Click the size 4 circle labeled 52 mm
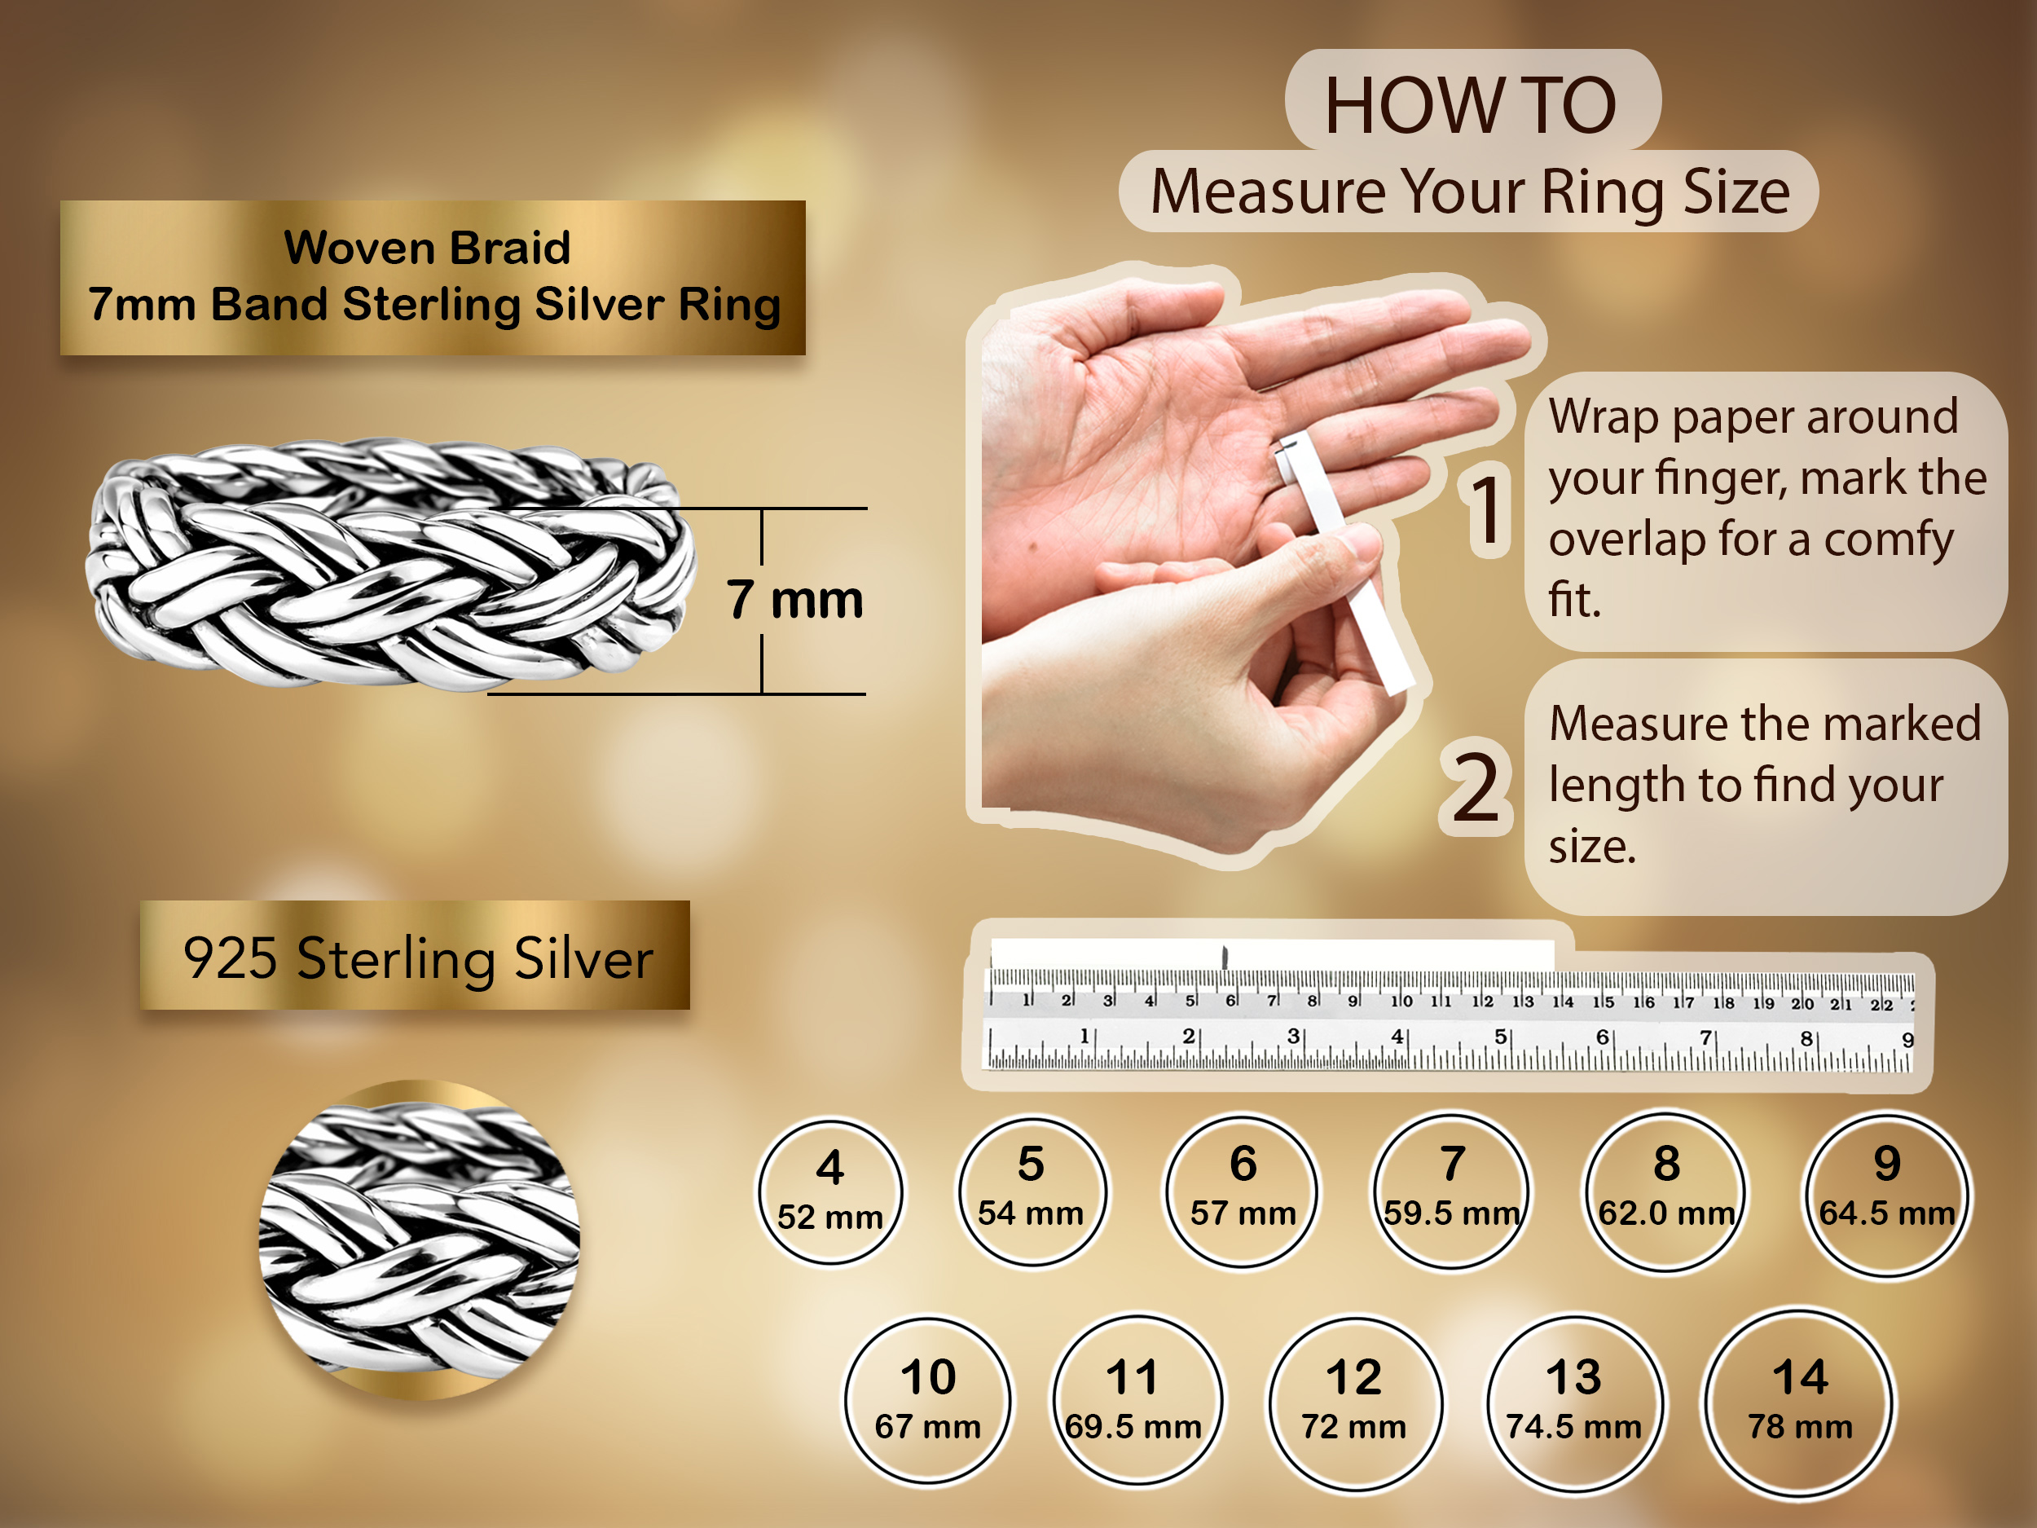(x=829, y=1191)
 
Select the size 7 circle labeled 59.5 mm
(x=1451, y=1191)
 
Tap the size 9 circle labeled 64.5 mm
(x=1887, y=1195)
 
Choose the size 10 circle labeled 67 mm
(x=928, y=1401)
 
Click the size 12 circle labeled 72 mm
(x=1353, y=1403)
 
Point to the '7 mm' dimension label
(x=794, y=600)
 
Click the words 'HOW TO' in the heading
(x=1471, y=105)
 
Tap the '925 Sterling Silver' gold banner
(x=416, y=955)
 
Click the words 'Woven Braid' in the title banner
(x=427, y=247)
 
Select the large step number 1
(x=1485, y=509)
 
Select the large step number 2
(x=1476, y=786)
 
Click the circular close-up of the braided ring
(x=420, y=1240)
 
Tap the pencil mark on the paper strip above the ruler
(x=1225, y=956)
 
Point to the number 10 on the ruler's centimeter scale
(x=1401, y=1000)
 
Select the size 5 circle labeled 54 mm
(x=1032, y=1191)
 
